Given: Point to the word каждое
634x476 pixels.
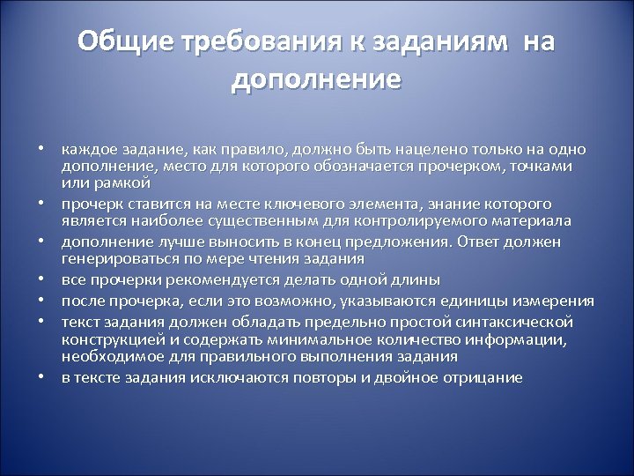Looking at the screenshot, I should click(86, 150).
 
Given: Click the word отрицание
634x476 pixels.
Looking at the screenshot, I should click(483, 377).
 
